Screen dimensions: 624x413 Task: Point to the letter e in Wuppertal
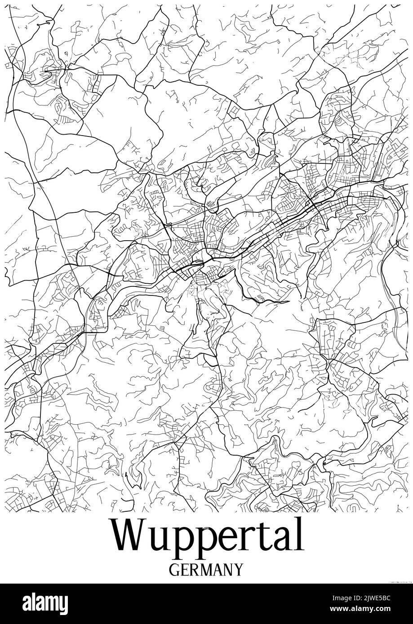(x=233, y=540)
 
